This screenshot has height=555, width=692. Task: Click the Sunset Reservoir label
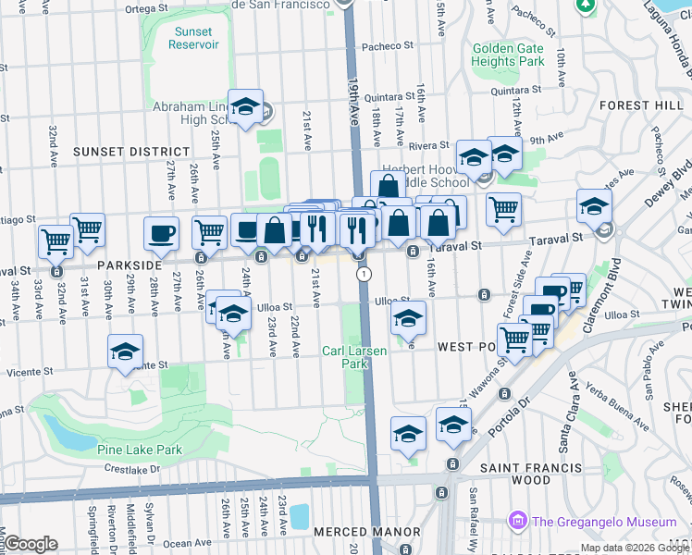tap(193, 38)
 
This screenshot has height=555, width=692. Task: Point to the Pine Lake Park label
tap(139, 450)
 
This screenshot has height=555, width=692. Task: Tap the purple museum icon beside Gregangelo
tap(516, 523)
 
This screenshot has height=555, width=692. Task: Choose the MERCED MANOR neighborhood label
tap(352, 533)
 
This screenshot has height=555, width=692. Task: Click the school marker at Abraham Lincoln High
tap(246, 107)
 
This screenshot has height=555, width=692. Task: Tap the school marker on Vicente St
tap(126, 352)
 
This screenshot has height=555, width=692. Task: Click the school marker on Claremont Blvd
tap(594, 207)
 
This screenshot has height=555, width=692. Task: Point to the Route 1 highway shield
tap(365, 274)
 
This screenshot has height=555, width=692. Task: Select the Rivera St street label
tap(428, 145)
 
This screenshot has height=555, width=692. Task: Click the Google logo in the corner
tap(31, 544)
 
